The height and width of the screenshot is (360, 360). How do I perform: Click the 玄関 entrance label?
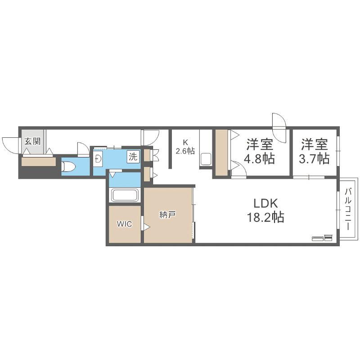pos(32,141)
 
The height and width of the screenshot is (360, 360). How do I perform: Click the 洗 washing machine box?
pos(133,157)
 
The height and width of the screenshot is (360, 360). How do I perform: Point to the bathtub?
pos(125,195)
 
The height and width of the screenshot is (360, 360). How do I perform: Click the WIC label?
pos(125,224)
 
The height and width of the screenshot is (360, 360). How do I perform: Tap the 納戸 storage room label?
pos(167,215)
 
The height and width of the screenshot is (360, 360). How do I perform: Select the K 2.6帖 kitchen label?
pos(185,147)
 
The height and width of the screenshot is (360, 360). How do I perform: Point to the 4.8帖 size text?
pos(260,159)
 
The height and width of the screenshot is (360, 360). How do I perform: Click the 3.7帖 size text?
pos(314,159)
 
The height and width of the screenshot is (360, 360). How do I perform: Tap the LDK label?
pos(265,203)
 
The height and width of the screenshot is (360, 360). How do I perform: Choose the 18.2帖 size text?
pos(265,217)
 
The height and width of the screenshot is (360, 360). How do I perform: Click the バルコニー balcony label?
pos(348,209)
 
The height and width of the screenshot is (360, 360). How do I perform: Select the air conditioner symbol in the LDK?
pos(322,238)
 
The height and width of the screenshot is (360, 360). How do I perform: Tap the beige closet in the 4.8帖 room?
pos(221,153)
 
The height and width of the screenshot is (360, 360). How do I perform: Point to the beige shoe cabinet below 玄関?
pos(39,162)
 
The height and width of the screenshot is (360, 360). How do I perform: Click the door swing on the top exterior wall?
pos(279,128)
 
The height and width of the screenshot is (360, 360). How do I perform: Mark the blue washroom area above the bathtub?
pos(125,179)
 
